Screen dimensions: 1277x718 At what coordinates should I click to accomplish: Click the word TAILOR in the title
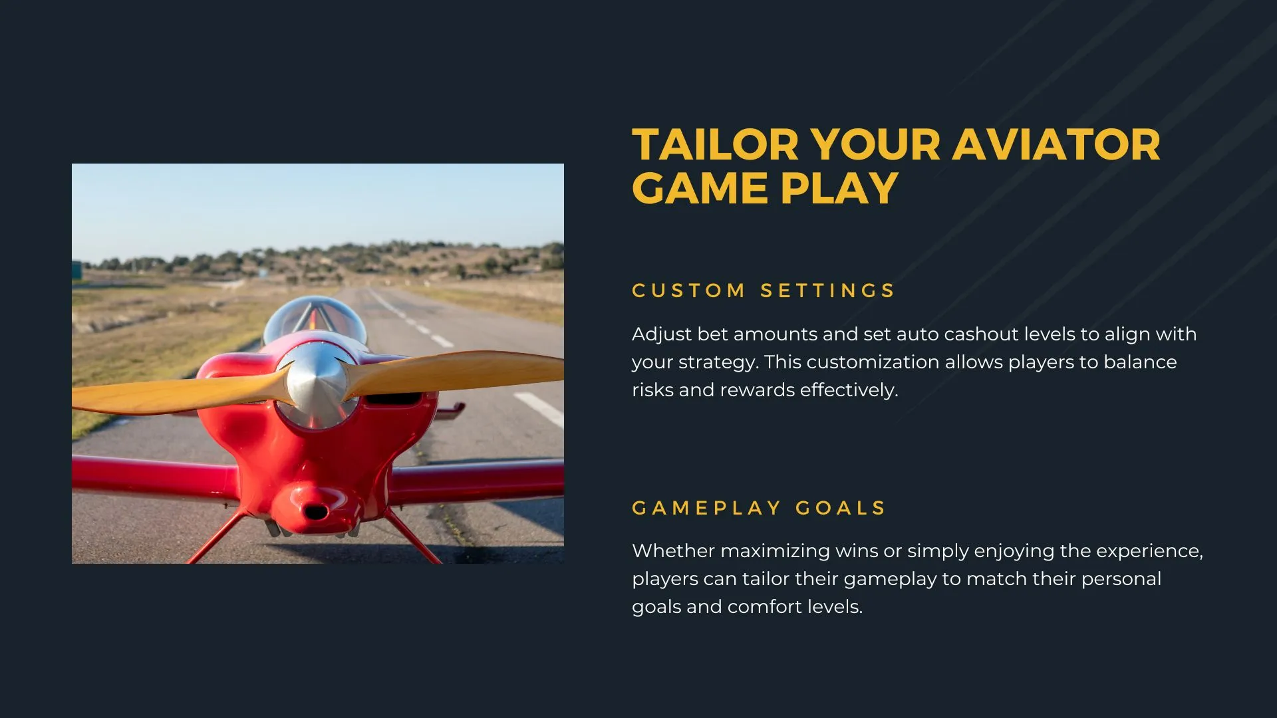point(715,145)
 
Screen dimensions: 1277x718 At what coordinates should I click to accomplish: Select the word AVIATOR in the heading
point(1057,145)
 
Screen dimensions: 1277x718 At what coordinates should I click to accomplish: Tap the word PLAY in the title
point(839,188)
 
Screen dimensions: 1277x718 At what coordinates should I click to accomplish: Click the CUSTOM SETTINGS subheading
point(764,291)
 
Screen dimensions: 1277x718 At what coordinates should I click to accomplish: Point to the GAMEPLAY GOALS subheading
point(759,508)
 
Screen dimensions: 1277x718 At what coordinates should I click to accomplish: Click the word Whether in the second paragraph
point(673,550)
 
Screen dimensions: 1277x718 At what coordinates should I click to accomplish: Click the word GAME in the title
point(700,188)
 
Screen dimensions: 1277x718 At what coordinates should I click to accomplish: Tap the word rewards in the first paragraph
point(757,390)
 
